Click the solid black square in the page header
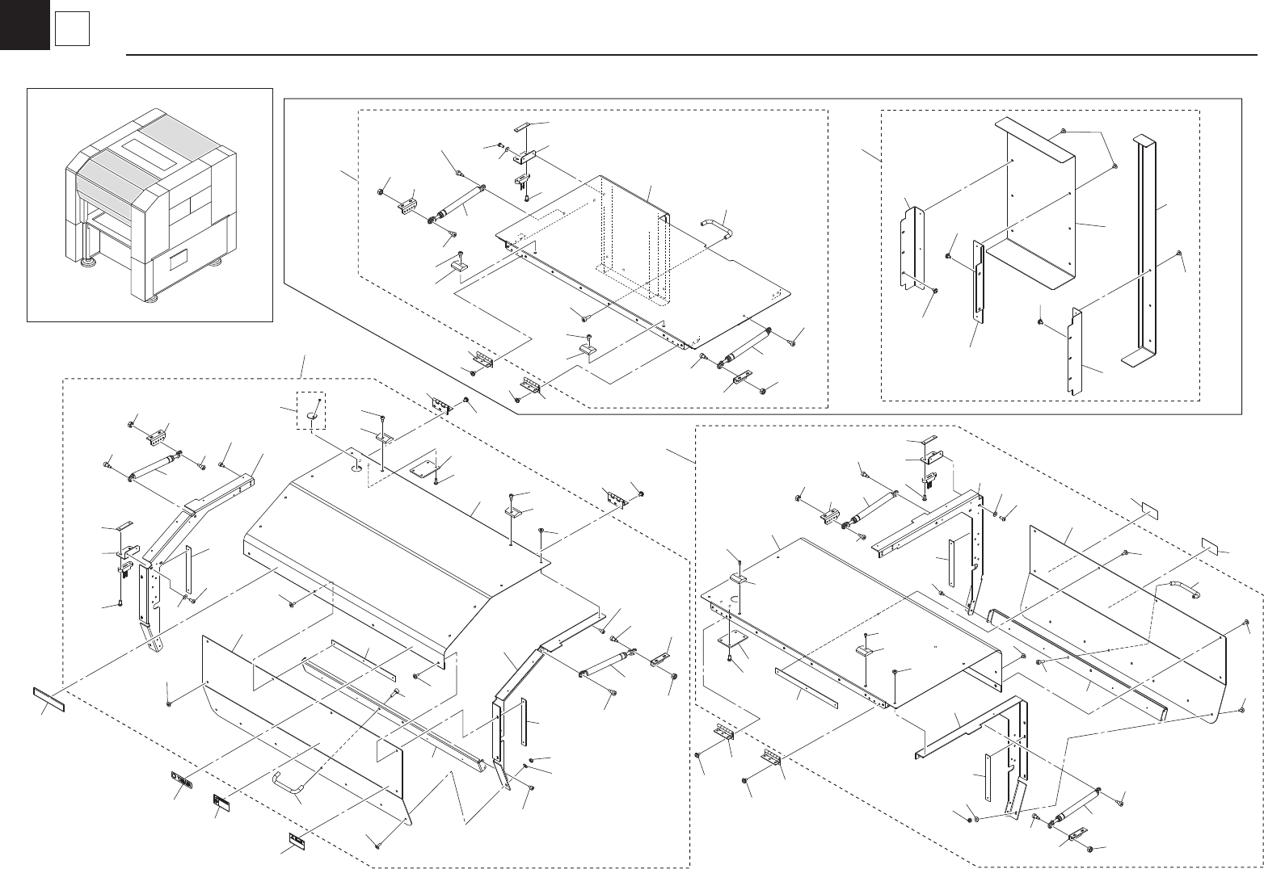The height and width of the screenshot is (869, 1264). (24, 25)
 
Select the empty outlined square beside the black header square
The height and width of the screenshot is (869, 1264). (71, 31)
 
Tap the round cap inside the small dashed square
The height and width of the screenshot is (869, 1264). (313, 414)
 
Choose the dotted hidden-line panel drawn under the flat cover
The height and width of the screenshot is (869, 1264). (634, 258)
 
